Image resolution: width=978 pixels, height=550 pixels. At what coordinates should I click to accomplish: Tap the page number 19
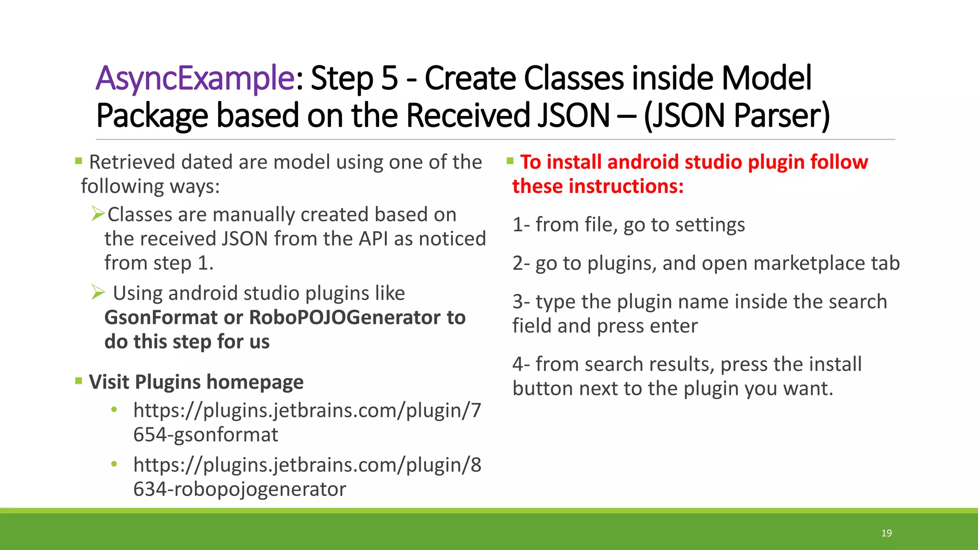point(886,533)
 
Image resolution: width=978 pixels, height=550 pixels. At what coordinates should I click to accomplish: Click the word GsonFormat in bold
point(160,317)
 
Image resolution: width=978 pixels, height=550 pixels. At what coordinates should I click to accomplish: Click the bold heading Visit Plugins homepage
point(196,382)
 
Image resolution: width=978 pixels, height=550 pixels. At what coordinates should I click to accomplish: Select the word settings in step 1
point(710,225)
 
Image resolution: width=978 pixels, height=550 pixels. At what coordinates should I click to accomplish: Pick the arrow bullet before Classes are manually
point(98,213)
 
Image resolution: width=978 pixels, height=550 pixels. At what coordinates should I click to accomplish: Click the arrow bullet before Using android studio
point(98,292)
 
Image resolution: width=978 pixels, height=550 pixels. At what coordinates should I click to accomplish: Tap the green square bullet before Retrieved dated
point(79,161)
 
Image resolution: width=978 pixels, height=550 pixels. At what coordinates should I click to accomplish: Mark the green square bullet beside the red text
point(510,161)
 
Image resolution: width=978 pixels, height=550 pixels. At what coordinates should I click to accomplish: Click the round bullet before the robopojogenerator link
point(114,464)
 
